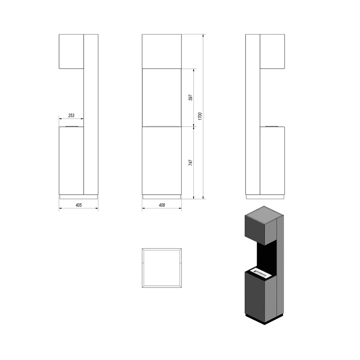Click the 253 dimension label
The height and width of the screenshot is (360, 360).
point(71,115)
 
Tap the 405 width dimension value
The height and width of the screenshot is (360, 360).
point(79,205)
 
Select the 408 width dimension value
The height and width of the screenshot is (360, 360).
point(162,205)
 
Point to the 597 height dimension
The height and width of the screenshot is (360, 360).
point(190,97)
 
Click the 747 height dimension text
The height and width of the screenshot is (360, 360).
point(190,163)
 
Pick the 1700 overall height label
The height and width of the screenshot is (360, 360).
point(200,116)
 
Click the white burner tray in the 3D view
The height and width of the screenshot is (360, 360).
point(261,273)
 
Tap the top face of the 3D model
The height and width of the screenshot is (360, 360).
point(264,215)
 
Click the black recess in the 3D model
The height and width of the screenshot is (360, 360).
point(267,255)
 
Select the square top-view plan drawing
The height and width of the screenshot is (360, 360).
point(162,268)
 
